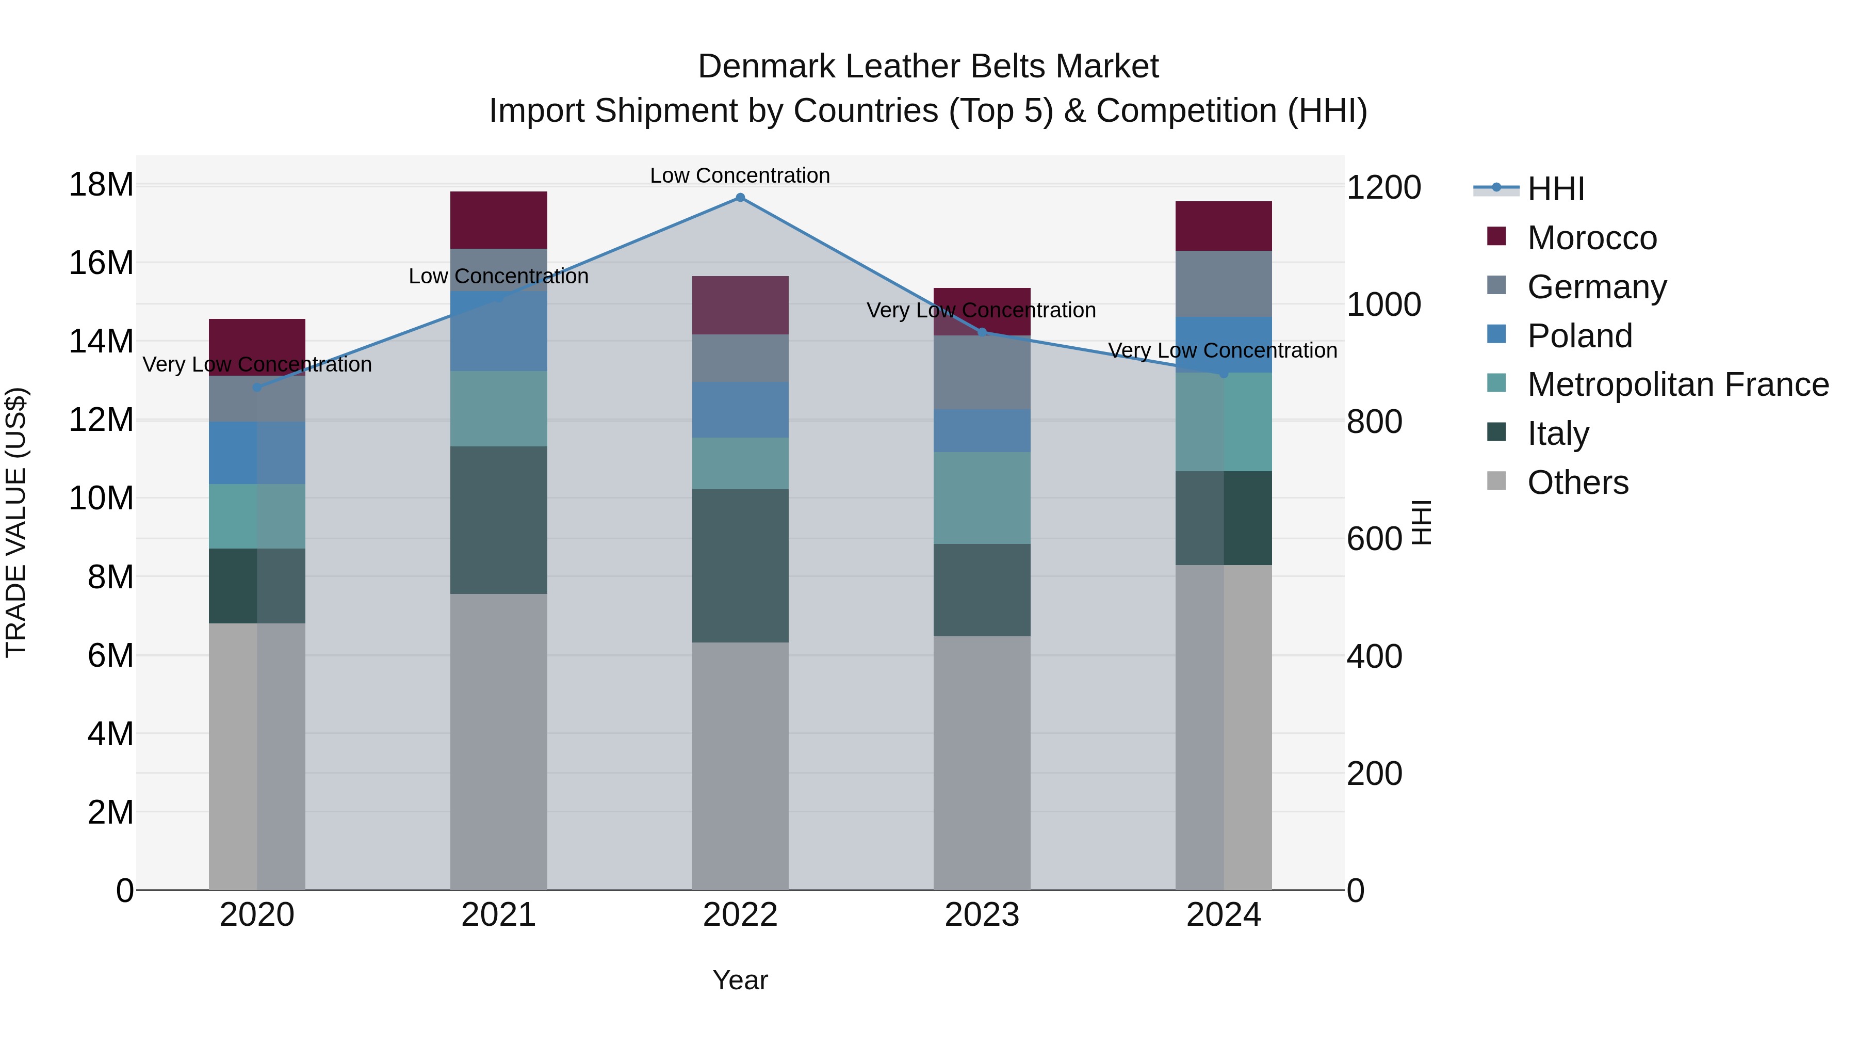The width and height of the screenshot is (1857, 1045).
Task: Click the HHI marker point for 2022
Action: [x=740, y=198]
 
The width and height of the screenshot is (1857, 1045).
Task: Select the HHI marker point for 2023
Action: [x=981, y=332]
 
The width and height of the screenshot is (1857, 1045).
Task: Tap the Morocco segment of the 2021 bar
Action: [x=498, y=220]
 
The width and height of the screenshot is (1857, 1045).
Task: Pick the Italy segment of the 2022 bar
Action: [x=740, y=566]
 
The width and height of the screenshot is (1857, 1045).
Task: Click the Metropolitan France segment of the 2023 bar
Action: [x=981, y=497]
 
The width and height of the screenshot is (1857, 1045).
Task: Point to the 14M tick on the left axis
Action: [x=101, y=341]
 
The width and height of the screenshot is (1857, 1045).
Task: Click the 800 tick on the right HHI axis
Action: [x=1374, y=422]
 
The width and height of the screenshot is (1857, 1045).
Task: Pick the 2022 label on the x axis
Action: [x=740, y=915]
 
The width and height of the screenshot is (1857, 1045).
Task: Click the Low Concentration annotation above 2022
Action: [x=740, y=175]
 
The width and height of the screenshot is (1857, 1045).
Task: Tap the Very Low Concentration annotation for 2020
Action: [x=257, y=364]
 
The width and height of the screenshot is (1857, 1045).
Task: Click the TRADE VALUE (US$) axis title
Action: [x=16, y=522]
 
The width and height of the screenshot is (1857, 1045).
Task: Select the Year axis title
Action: [x=740, y=980]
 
